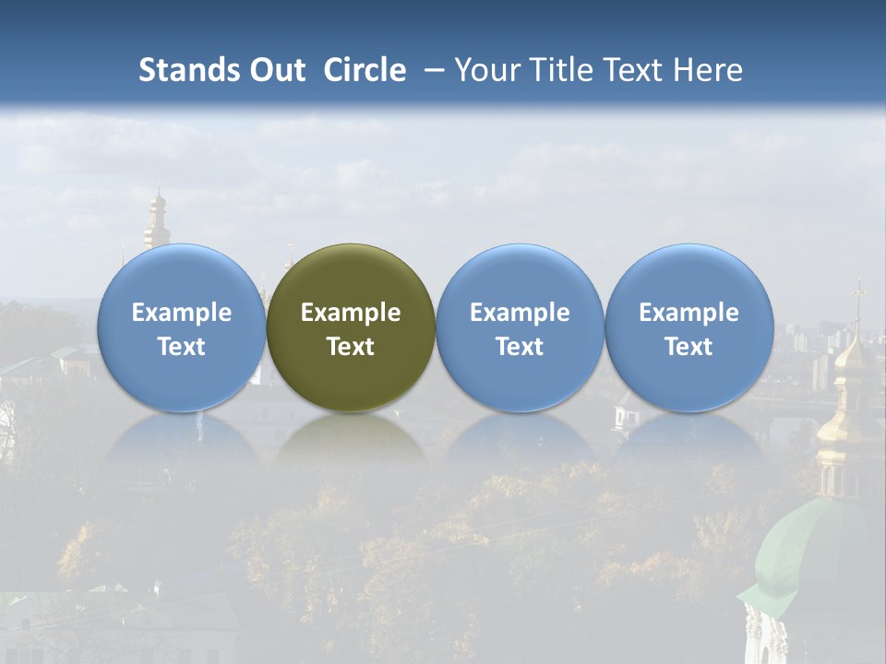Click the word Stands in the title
point(187,70)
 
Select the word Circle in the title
point(365,70)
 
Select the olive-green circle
point(351,327)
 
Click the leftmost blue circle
point(181,327)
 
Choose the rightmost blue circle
point(688,327)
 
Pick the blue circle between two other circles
point(520,327)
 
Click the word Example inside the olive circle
point(351,313)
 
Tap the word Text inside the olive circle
point(351,347)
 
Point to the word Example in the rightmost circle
point(688,313)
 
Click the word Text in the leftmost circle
point(181,347)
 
